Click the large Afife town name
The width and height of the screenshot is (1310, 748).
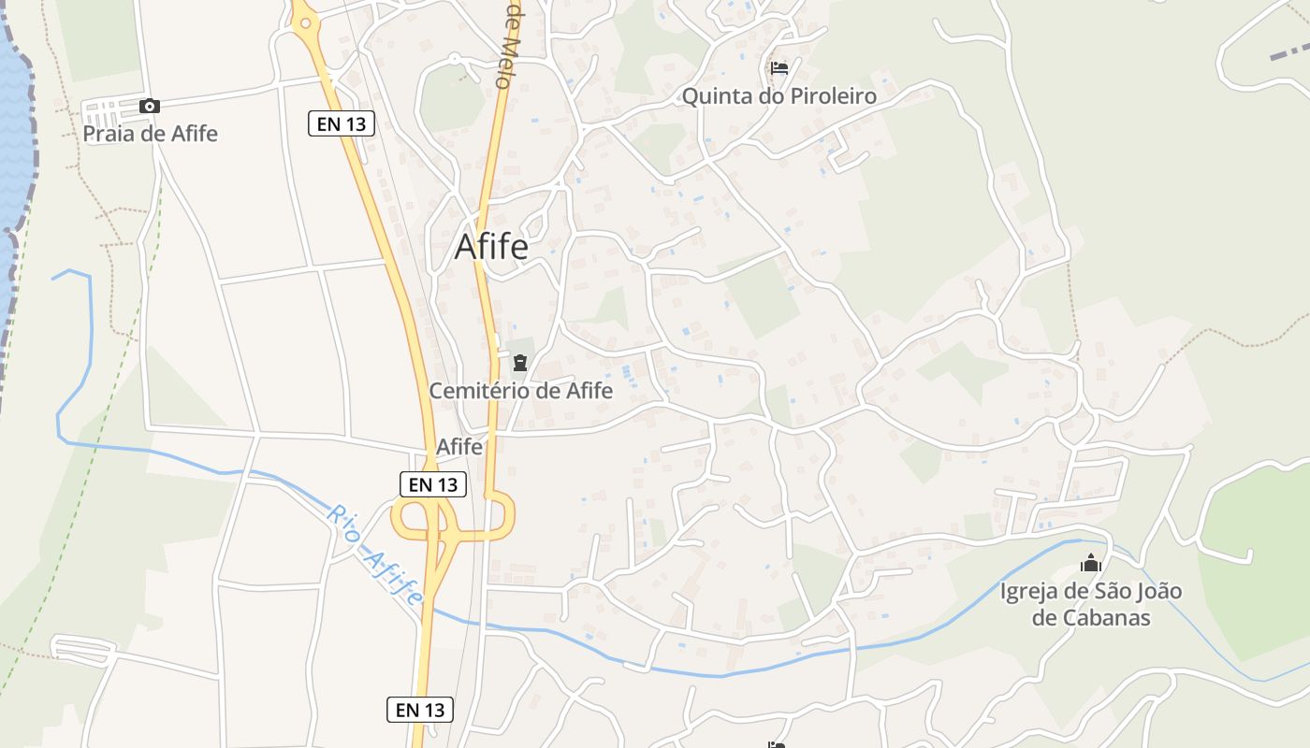pos(491,247)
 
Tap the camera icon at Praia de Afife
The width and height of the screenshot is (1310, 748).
pos(149,107)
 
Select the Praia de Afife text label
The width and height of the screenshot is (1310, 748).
pos(150,134)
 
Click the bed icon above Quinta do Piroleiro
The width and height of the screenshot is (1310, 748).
pos(779,68)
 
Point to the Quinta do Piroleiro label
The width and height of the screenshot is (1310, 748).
pos(779,96)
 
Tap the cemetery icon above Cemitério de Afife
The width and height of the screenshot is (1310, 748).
pos(519,363)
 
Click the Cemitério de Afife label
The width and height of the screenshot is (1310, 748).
pos(520,391)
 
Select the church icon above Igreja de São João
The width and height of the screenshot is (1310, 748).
pos(1090,564)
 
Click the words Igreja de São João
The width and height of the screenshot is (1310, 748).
pos(1090,592)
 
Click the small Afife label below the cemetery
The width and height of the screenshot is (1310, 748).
pos(459,447)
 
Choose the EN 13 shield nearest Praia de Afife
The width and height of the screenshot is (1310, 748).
pos(342,122)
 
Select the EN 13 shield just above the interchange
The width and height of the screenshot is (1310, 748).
pos(433,484)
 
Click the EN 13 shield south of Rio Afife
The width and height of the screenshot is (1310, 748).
pos(420,710)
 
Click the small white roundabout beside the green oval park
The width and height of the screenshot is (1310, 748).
pos(455,59)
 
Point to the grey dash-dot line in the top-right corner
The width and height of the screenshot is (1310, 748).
pos(1289,52)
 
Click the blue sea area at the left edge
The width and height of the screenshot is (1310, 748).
pos(11,140)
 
